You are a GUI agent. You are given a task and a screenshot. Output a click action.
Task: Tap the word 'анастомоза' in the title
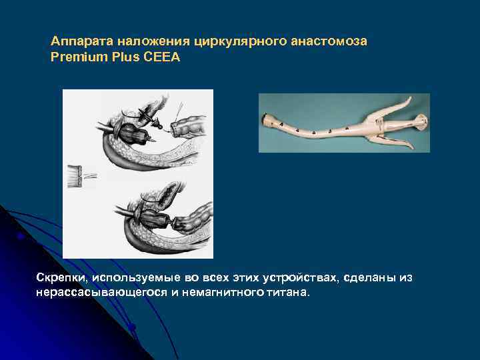[329, 41]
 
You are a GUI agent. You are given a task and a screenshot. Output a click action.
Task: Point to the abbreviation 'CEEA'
[165, 57]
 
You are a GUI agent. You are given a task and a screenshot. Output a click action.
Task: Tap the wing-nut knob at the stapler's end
[421, 121]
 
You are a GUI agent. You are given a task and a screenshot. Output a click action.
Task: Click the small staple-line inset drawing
[81, 175]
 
